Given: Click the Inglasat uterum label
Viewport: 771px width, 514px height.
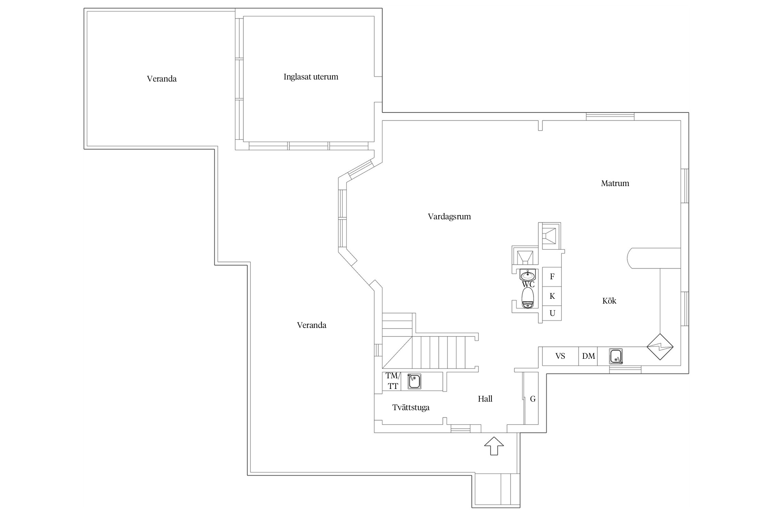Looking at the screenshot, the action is (311, 77).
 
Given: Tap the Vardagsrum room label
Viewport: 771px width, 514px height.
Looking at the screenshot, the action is (449, 217).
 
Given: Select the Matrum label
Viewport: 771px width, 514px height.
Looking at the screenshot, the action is (615, 183).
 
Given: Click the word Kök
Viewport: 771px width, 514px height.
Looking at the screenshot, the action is (609, 301).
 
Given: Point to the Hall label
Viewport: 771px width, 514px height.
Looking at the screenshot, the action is (485, 399).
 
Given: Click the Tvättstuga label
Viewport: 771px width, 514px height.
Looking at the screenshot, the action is (411, 407).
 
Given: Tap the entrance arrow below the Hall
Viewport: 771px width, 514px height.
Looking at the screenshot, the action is (494, 446).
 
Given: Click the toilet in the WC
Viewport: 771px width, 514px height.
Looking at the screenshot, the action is (528, 298).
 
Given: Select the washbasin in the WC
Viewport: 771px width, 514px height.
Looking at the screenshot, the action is (528, 275).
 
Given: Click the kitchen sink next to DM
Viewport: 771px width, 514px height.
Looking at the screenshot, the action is (616, 356).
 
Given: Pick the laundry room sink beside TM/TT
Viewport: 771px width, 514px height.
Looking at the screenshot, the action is (414, 381).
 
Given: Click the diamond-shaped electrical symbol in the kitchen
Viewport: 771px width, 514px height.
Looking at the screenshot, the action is (660, 347).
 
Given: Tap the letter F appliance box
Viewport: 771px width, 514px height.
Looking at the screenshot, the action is (552, 277).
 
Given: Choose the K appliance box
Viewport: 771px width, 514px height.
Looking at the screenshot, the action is (552, 296).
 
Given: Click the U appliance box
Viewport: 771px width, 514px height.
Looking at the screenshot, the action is (552, 313).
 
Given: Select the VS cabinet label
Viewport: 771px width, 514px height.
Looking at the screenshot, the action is (560, 356).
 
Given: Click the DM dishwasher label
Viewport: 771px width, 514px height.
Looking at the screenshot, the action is (589, 356).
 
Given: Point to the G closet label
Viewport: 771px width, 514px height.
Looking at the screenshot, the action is (533, 399).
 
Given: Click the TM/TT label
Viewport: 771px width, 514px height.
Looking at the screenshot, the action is (393, 381).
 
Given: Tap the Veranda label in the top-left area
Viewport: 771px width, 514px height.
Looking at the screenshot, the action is (162, 79).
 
